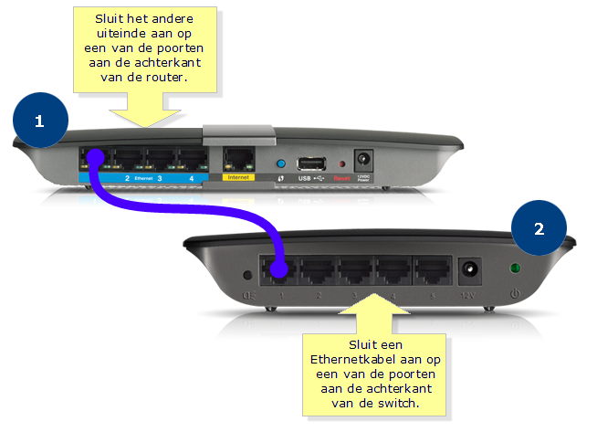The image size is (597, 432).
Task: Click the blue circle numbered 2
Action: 539,229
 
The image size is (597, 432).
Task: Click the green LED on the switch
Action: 516,269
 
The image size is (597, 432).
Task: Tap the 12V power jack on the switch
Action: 472,271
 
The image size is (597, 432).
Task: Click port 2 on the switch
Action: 319,271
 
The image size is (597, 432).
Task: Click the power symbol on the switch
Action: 516,295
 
